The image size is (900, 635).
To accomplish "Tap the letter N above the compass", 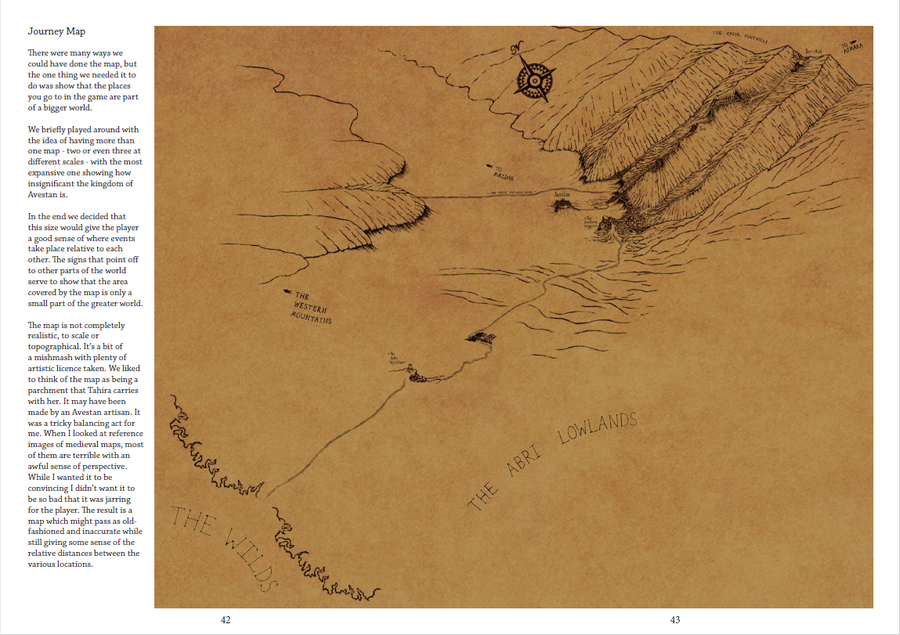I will tap(515, 50).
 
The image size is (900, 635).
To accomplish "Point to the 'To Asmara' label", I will tap(853, 48).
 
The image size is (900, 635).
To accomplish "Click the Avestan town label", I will tap(561, 193).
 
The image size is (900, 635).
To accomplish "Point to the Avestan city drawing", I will tap(562, 206).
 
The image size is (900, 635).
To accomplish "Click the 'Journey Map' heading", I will tap(56, 31).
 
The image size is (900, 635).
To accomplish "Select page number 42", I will tap(226, 620).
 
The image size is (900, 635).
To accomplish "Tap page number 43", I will tap(675, 620).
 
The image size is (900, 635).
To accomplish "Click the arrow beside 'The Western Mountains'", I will tap(288, 291).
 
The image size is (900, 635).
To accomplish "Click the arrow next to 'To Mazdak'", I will tap(491, 166).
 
